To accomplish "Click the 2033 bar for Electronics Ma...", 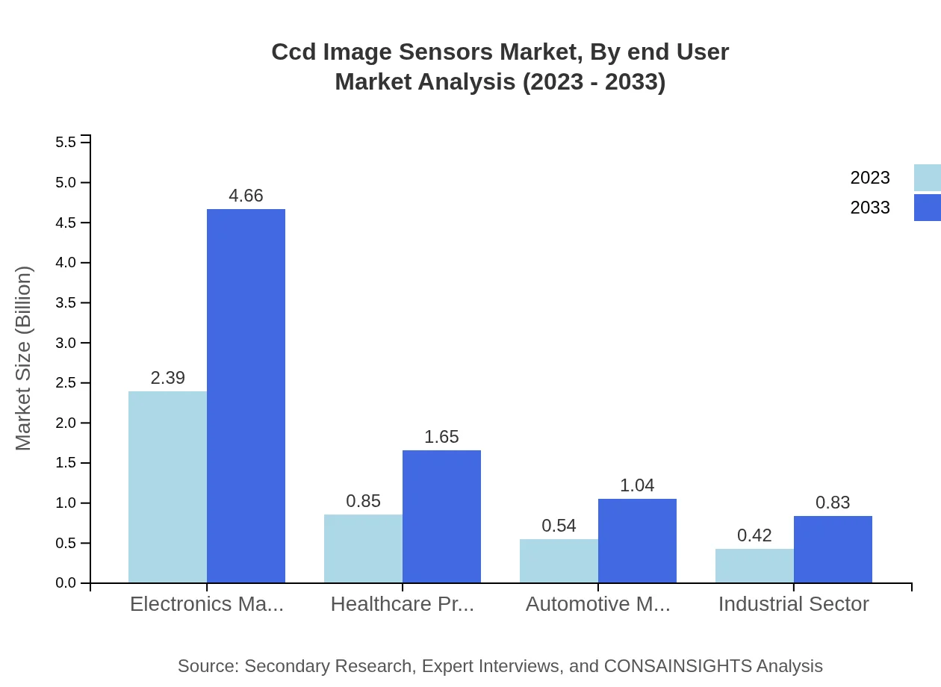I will [246, 396].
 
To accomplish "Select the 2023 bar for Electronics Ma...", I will [167, 487].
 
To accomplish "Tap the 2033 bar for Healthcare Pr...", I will [441, 516].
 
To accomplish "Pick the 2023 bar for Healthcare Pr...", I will [363, 548].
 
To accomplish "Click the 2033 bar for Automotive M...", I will [637, 541].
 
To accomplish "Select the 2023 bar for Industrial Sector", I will [754, 565].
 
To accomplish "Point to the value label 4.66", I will [246, 196].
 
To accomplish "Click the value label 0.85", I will [363, 501].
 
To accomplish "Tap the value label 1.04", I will [637, 485].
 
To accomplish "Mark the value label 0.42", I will [754, 535].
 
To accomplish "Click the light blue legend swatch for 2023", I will [927, 178].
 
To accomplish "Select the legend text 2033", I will [870, 208].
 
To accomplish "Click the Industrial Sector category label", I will [793, 604].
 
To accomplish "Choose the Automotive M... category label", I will [597, 604].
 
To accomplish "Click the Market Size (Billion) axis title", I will [24, 358].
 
